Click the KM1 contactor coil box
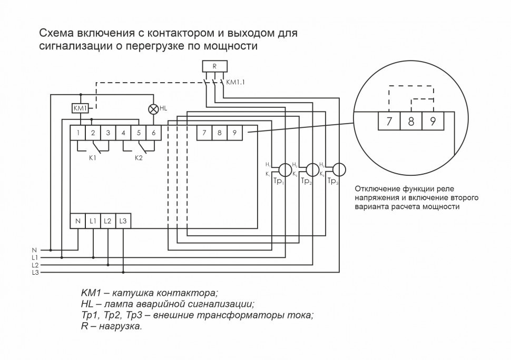[x=80, y=108]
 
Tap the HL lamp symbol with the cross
[x=153, y=109]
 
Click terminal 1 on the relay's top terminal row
[x=78, y=133]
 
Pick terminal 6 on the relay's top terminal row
[x=153, y=133]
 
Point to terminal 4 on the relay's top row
[x=123, y=133]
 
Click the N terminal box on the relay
[x=78, y=221]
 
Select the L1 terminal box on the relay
[x=93, y=221]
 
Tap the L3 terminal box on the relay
[x=123, y=221]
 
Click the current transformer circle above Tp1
[x=284, y=169]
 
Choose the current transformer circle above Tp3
[x=339, y=169]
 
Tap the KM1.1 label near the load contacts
[x=235, y=83]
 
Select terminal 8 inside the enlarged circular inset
[x=411, y=122]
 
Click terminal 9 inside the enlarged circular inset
[x=433, y=122]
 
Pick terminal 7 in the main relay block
[x=204, y=133]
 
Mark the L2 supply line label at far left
[x=35, y=265]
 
